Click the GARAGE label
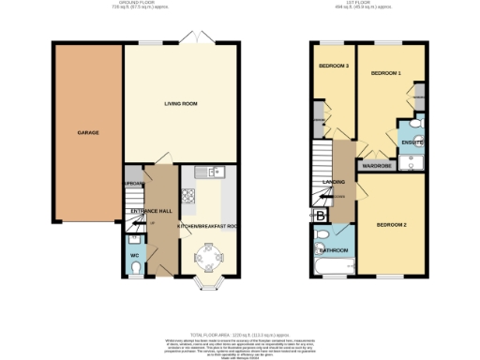click(87, 132)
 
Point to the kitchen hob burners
click(188, 197)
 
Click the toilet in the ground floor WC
click(135, 272)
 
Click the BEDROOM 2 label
click(391, 225)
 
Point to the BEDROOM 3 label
click(333, 66)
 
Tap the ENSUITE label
click(412, 142)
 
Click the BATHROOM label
click(333, 250)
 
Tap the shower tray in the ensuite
click(412, 163)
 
